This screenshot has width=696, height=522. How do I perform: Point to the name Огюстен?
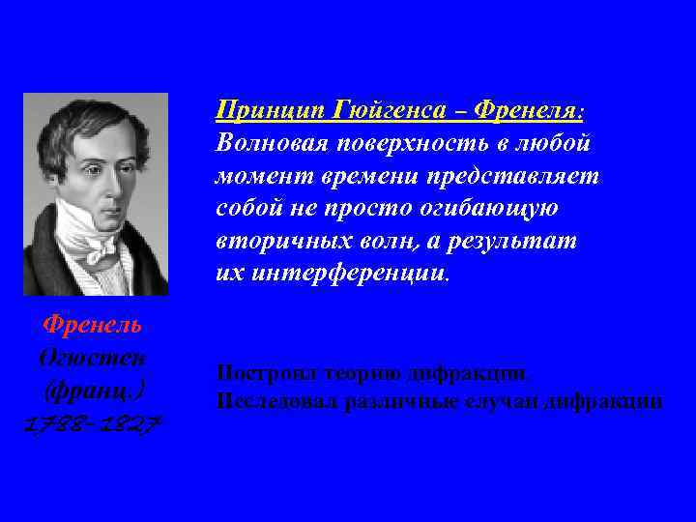tap(95, 359)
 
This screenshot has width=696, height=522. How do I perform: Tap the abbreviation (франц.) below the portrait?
tap(95, 391)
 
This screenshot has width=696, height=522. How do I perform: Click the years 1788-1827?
tap(95, 425)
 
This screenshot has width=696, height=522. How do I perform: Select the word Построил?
tap(260, 372)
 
